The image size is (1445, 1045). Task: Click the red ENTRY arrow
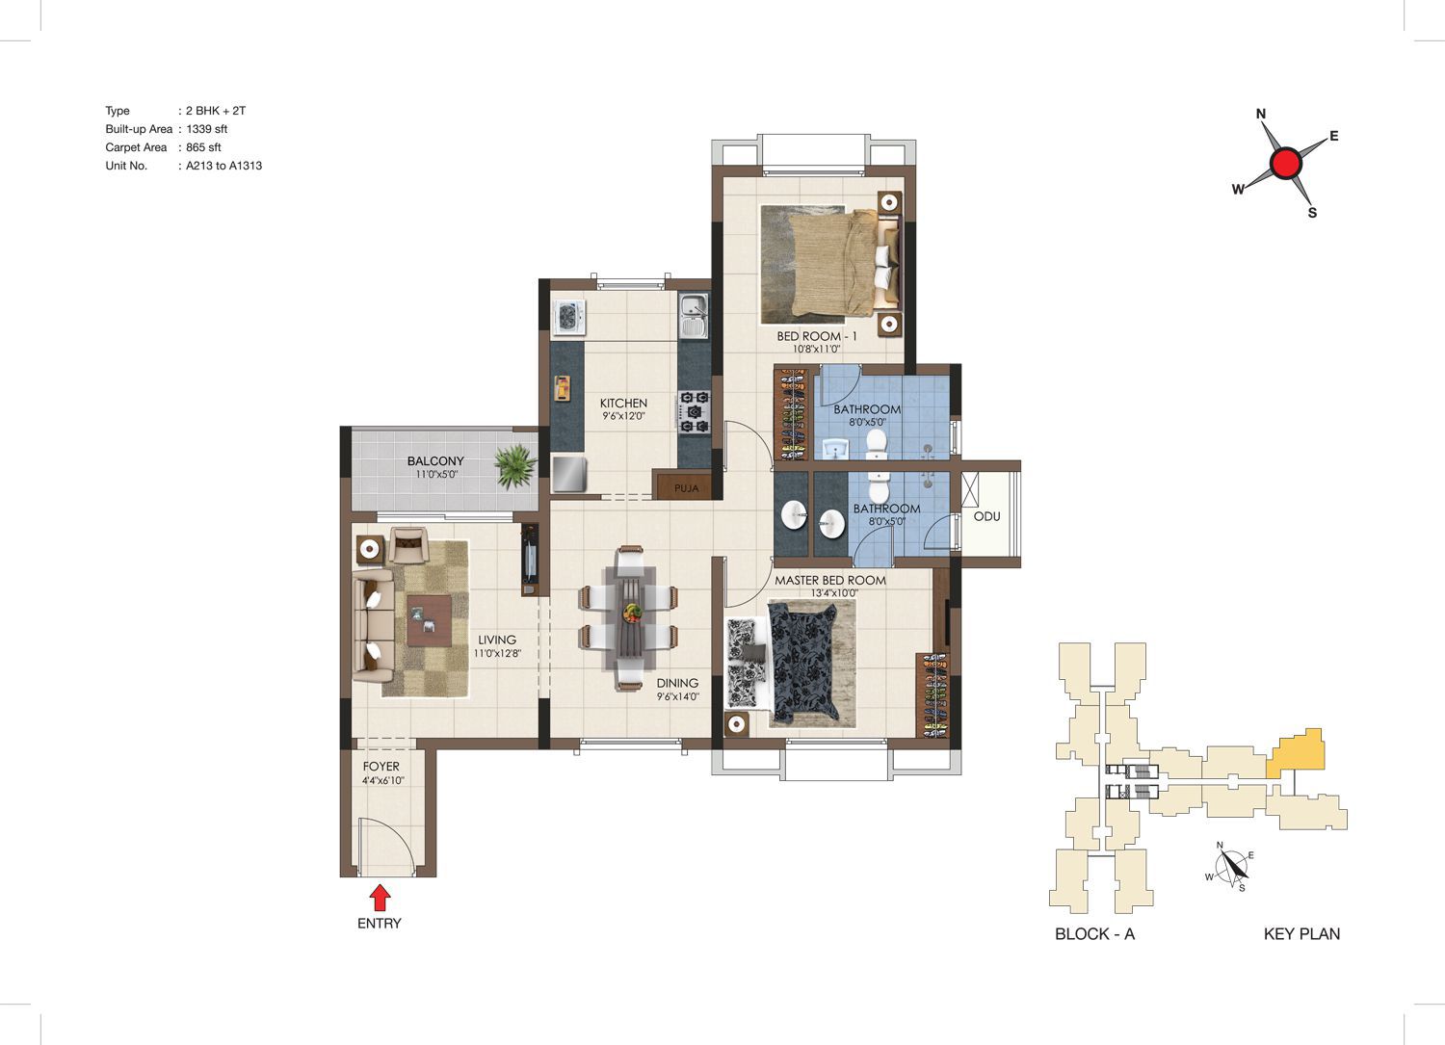pyautogui.click(x=380, y=898)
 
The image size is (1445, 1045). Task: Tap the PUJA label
pyautogui.click(x=686, y=488)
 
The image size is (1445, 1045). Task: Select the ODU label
pyautogui.click(x=987, y=516)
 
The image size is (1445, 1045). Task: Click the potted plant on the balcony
pyautogui.click(x=515, y=466)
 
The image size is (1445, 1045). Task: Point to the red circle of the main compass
pyautogui.click(x=1286, y=163)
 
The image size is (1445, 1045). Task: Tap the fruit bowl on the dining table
pyautogui.click(x=632, y=612)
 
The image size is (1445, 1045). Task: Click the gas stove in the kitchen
pyautogui.click(x=695, y=411)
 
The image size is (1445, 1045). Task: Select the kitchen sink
pyautogui.click(x=695, y=316)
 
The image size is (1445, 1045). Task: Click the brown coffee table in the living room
pyautogui.click(x=429, y=620)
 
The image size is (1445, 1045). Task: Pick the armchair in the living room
pyautogui.click(x=407, y=545)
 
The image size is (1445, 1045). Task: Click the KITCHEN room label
pyautogui.click(x=623, y=404)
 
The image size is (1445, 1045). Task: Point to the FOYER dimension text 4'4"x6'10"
pyautogui.click(x=383, y=780)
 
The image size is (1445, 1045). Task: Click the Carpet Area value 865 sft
pyautogui.click(x=203, y=147)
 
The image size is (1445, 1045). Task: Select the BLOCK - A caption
pyautogui.click(x=1094, y=933)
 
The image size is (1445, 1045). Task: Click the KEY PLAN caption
pyautogui.click(x=1301, y=933)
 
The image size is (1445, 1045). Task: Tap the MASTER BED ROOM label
pyautogui.click(x=830, y=581)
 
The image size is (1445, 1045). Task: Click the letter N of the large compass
pyautogui.click(x=1261, y=114)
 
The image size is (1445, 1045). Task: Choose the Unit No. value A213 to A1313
pyautogui.click(x=223, y=166)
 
